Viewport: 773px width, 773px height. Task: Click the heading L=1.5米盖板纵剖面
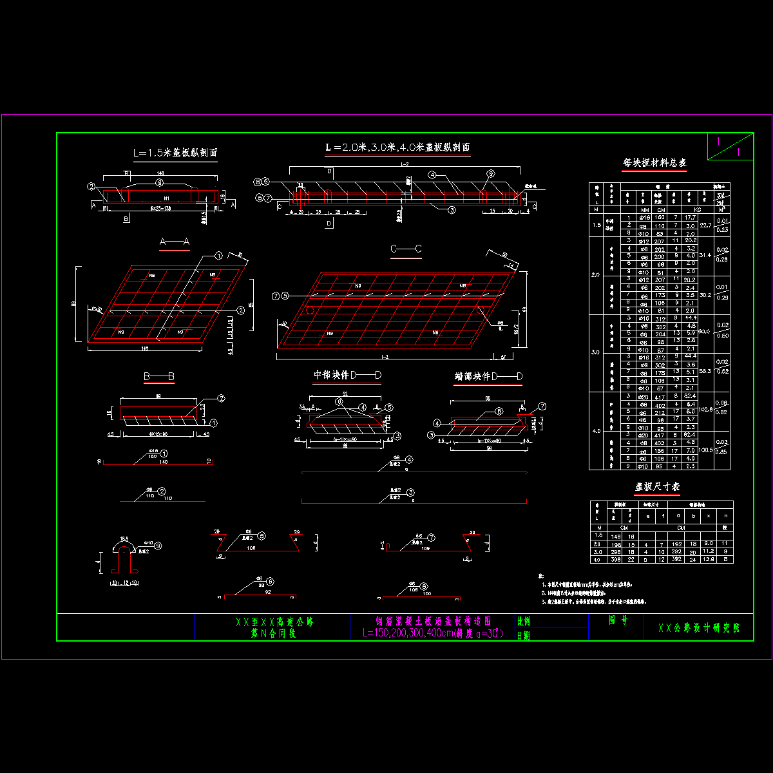coord(175,153)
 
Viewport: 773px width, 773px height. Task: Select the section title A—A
coord(174,242)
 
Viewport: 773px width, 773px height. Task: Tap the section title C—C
coord(406,249)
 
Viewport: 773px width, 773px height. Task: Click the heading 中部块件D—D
coord(347,375)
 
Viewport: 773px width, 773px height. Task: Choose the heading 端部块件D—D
coord(488,376)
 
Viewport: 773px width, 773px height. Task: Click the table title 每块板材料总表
coord(654,163)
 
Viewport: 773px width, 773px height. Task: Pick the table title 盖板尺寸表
coord(658,487)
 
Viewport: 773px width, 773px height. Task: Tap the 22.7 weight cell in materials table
coord(706,225)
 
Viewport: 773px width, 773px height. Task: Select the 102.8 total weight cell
coord(706,410)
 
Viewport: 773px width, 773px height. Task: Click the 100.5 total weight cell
coord(706,450)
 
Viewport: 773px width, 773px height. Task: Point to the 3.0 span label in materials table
coord(596,352)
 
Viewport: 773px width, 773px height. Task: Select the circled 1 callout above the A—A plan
coord(218,255)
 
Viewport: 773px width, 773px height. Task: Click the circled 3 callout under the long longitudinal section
coord(452,209)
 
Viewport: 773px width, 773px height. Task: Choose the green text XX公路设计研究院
coord(699,627)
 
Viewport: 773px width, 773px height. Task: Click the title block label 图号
coord(618,620)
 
